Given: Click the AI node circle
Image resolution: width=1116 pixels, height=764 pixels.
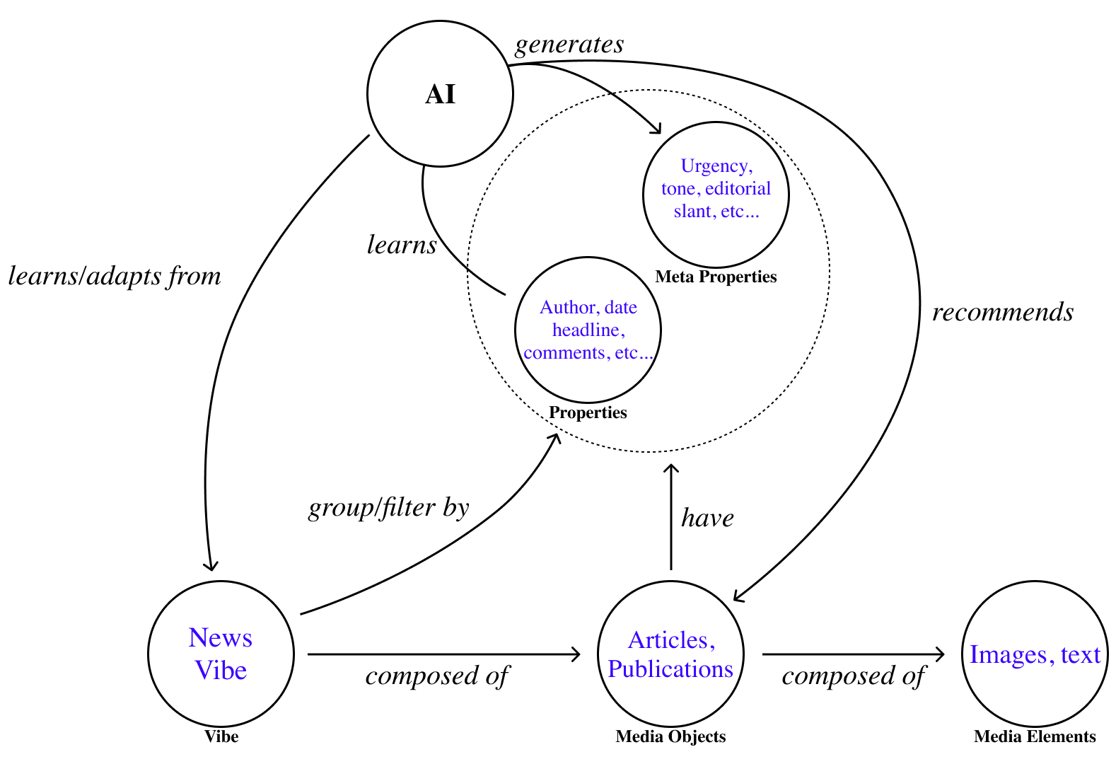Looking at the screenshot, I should tap(440, 94).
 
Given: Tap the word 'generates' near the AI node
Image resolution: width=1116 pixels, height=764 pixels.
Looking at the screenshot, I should tap(569, 45).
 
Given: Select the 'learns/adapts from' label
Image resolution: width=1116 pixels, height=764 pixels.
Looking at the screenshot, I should tap(115, 276).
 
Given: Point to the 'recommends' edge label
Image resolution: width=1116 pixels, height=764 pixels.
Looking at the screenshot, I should tap(1003, 312).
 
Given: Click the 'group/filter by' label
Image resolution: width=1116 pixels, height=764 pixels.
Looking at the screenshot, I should tap(389, 508).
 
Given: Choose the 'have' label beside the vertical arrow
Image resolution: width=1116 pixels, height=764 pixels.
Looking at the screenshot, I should tap(707, 518).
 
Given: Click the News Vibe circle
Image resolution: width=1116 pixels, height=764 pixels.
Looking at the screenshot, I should tap(221, 654).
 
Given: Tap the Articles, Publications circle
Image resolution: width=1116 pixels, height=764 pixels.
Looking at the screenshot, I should tap(670, 654).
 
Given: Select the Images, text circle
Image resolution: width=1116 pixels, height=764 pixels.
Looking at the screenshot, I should tap(1035, 654).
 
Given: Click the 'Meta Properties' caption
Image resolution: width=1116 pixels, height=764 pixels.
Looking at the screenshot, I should tap(716, 277).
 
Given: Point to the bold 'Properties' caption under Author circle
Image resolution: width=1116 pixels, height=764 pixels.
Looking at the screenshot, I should tap(588, 412).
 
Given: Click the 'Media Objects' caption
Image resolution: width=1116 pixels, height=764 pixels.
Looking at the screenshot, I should tap(670, 736).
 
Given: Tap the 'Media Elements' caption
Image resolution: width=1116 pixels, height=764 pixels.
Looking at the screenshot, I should tap(1035, 736).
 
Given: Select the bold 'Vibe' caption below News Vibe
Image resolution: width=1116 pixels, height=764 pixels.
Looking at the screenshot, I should tap(221, 736).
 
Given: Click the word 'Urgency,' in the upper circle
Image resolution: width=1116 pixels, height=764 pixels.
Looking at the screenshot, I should tap(716, 166).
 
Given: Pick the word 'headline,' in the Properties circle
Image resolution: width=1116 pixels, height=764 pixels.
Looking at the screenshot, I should tap(588, 330).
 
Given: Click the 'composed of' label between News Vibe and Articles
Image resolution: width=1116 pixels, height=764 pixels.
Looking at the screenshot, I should tap(437, 676).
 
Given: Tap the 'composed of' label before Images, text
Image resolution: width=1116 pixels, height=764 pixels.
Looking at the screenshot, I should tap(853, 676).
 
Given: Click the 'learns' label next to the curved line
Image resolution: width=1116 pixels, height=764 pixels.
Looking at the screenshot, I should tap(402, 245).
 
